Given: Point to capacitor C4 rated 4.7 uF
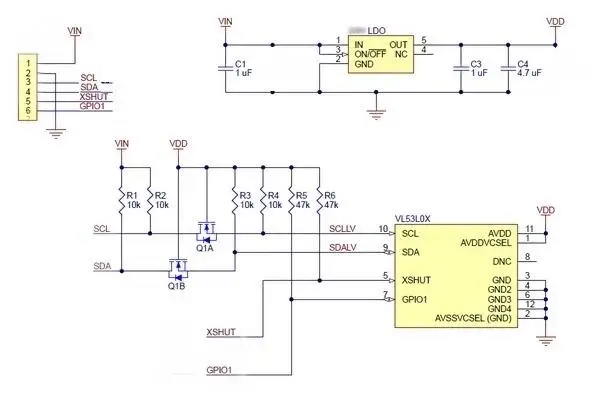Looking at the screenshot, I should [x=508, y=69].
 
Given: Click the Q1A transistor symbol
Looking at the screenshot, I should [x=205, y=236].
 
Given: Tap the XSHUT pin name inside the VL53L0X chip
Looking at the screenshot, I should [x=417, y=278].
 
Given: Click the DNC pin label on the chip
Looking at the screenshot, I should [x=502, y=262].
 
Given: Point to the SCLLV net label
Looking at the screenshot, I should [x=344, y=230].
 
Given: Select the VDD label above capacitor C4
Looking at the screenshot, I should [x=555, y=20].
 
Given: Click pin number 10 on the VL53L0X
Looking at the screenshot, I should [x=383, y=229].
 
